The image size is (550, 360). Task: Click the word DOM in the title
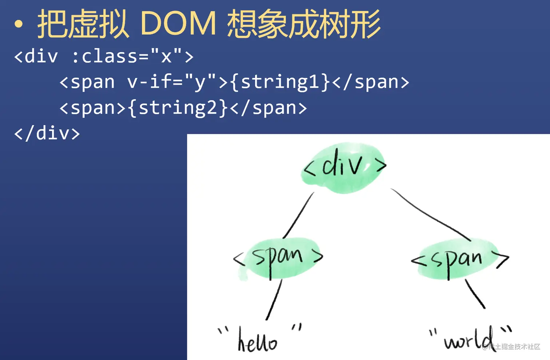tap(178, 24)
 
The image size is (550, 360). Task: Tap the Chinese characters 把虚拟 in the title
tap(83, 24)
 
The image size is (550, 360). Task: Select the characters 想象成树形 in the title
tap(304, 24)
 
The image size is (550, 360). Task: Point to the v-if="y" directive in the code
tap(171, 82)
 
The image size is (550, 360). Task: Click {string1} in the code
tap(280, 82)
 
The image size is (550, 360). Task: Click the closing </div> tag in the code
tap(47, 133)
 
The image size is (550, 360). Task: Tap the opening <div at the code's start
tap(36, 56)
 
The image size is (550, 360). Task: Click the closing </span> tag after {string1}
tap(371, 82)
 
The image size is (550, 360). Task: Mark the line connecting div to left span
tap(298, 216)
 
